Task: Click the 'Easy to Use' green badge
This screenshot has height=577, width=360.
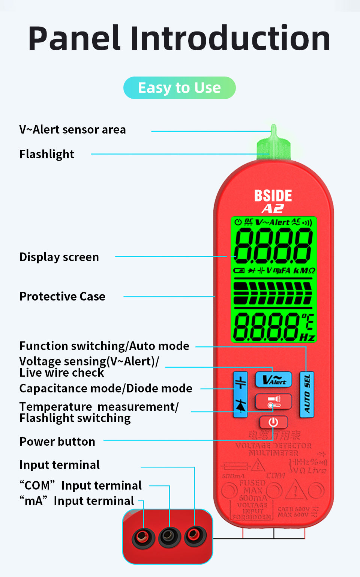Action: coord(179,88)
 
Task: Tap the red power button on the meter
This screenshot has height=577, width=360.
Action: coord(273,422)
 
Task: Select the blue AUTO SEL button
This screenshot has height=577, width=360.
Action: coord(307,394)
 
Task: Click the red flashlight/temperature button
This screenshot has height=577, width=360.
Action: coord(273,401)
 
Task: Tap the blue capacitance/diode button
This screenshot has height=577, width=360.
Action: coord(240,394)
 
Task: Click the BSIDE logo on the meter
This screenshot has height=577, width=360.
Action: coord(273,195)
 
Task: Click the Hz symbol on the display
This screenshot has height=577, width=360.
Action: coord(307,337)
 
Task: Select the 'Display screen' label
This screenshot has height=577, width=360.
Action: coord(59,257)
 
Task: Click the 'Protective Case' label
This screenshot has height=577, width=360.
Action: coord(62,296)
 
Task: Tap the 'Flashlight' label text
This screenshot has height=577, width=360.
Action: coord(47,154)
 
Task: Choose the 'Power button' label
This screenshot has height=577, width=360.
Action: coord(57,442)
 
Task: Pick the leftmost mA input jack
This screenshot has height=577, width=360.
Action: coord(143,538)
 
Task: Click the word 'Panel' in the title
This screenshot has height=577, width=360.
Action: coord(74,38)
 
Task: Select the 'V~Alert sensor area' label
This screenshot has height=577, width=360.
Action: coord(72,129)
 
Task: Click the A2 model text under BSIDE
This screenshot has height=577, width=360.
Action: coord(273,209)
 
